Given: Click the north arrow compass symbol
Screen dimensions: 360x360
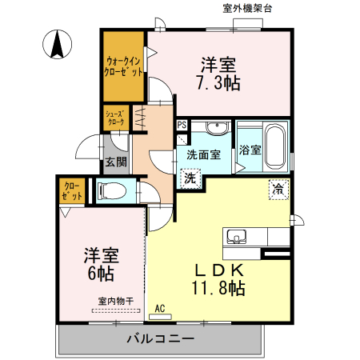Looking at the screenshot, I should point(58,44).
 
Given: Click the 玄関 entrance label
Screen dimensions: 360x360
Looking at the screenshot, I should point(115,162).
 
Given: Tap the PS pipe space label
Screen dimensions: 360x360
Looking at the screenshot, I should point(182,125).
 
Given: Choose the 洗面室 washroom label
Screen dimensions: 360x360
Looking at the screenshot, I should point(204,155).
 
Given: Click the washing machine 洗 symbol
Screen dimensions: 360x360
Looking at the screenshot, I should point(190,179).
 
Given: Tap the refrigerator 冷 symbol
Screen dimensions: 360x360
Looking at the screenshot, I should point(277,190).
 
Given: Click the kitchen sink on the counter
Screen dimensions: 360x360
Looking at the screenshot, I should point(237,237).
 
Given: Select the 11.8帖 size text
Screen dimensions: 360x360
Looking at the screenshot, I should point(218,289).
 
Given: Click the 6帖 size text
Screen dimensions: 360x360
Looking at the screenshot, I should point(101,274).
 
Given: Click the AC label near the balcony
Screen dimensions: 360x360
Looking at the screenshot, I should point(159,307).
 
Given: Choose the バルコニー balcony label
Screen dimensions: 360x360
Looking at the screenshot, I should point(160,339).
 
